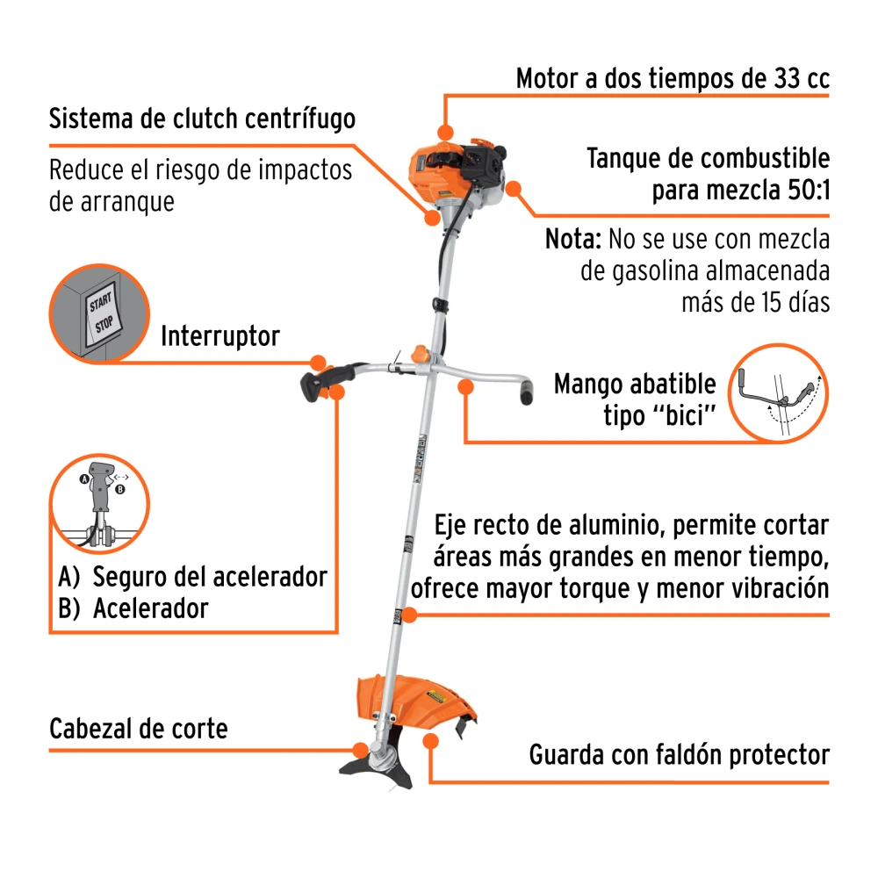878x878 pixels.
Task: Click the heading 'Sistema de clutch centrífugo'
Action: coord(202,119)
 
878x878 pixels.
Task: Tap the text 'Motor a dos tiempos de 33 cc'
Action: coord(673,78)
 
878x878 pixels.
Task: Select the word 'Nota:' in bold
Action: coord(573,239)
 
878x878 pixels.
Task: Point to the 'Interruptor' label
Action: coord(220,336)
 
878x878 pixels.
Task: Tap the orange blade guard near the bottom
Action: coord(415,702)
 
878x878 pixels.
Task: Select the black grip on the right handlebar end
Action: coord(526,392)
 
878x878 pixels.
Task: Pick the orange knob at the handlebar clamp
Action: coord(420,355)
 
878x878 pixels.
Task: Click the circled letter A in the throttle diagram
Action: coord(84,479)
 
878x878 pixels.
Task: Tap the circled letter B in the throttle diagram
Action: coord(119,489)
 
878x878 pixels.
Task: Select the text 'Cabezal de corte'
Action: coord(139,729)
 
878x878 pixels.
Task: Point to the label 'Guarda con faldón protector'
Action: coord(680,755)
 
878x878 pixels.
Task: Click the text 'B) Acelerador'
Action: coord(133,608)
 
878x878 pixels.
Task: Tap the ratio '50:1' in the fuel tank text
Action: coord(809,191)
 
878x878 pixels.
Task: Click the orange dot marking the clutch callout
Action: coord(432,217)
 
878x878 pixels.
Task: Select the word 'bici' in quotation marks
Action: coord(684,416)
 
